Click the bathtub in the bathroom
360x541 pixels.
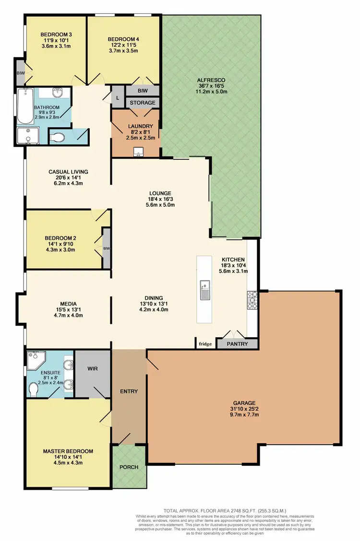tap(24, 106)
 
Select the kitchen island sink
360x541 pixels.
tap(205, 289)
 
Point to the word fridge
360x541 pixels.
tap(205, 344)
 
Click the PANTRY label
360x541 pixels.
tap(237, 344)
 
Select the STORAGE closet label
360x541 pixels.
tap(143, 103)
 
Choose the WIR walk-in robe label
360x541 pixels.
tap(93, 369)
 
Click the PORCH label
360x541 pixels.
tap(129, 467)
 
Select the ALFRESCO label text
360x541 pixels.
tap(211, 80)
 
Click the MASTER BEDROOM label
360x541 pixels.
tap(68, 451)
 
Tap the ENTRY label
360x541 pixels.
tap(129, 391)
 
